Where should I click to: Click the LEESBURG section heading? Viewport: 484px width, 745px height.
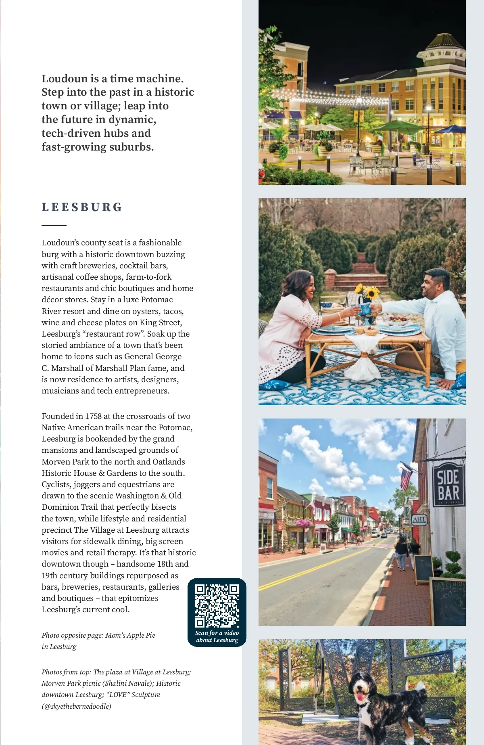[82, 207]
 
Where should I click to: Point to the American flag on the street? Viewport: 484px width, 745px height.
[406, 479]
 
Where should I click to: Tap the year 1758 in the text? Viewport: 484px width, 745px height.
[93, 416]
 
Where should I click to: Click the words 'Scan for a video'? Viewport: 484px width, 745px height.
[217, 633]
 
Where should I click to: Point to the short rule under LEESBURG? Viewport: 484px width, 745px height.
[54, 225]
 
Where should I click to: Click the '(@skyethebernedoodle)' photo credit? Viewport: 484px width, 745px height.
[76, 706]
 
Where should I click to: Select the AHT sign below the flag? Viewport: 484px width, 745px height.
[419, 520]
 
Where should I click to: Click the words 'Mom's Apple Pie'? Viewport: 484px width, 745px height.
[130, 635]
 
